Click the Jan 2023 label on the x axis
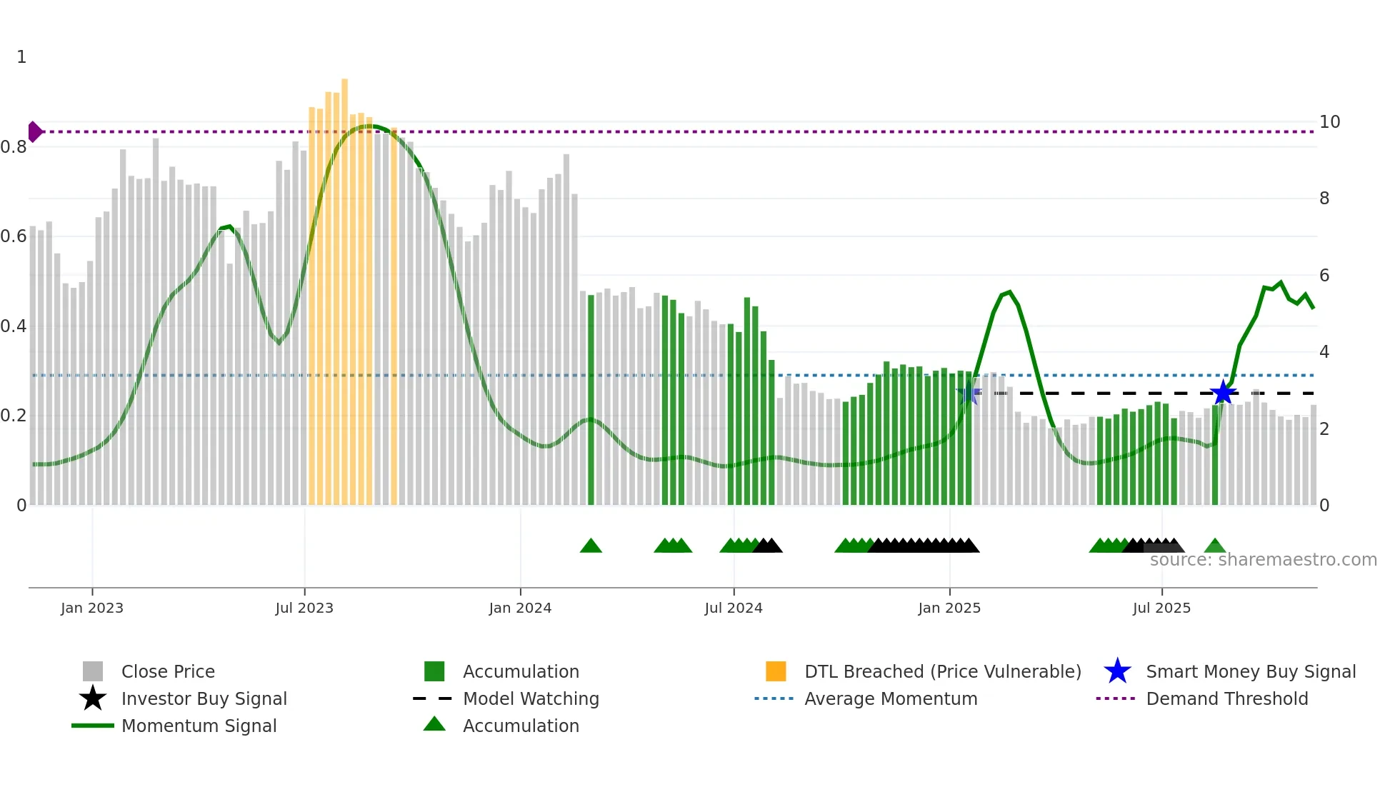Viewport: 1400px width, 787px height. point(91,608)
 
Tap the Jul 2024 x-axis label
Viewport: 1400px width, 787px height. point(733,608)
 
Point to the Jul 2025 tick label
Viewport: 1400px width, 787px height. point(1161,608)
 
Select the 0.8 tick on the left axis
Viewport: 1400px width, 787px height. point(14,147)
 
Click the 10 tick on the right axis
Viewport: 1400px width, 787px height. point(1329,122)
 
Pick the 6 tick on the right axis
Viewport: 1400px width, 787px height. point(1324,276)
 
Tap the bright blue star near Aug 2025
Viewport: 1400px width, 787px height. point(1223,393)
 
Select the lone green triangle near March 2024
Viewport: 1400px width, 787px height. point(591,546)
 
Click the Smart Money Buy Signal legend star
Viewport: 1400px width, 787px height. point(1117,671)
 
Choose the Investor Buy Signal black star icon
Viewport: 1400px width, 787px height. point(93,698)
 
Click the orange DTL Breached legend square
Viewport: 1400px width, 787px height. point(776,671)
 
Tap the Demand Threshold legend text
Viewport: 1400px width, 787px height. point(1226,698)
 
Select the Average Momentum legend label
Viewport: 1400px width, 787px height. point(891,698)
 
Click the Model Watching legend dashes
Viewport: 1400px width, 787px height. point(433,698)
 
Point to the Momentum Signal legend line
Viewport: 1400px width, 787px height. point(93,726)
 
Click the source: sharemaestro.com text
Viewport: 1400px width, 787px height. point(1263,560)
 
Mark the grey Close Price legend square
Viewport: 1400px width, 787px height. point(93,671)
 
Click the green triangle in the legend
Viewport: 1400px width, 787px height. point(434,725)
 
